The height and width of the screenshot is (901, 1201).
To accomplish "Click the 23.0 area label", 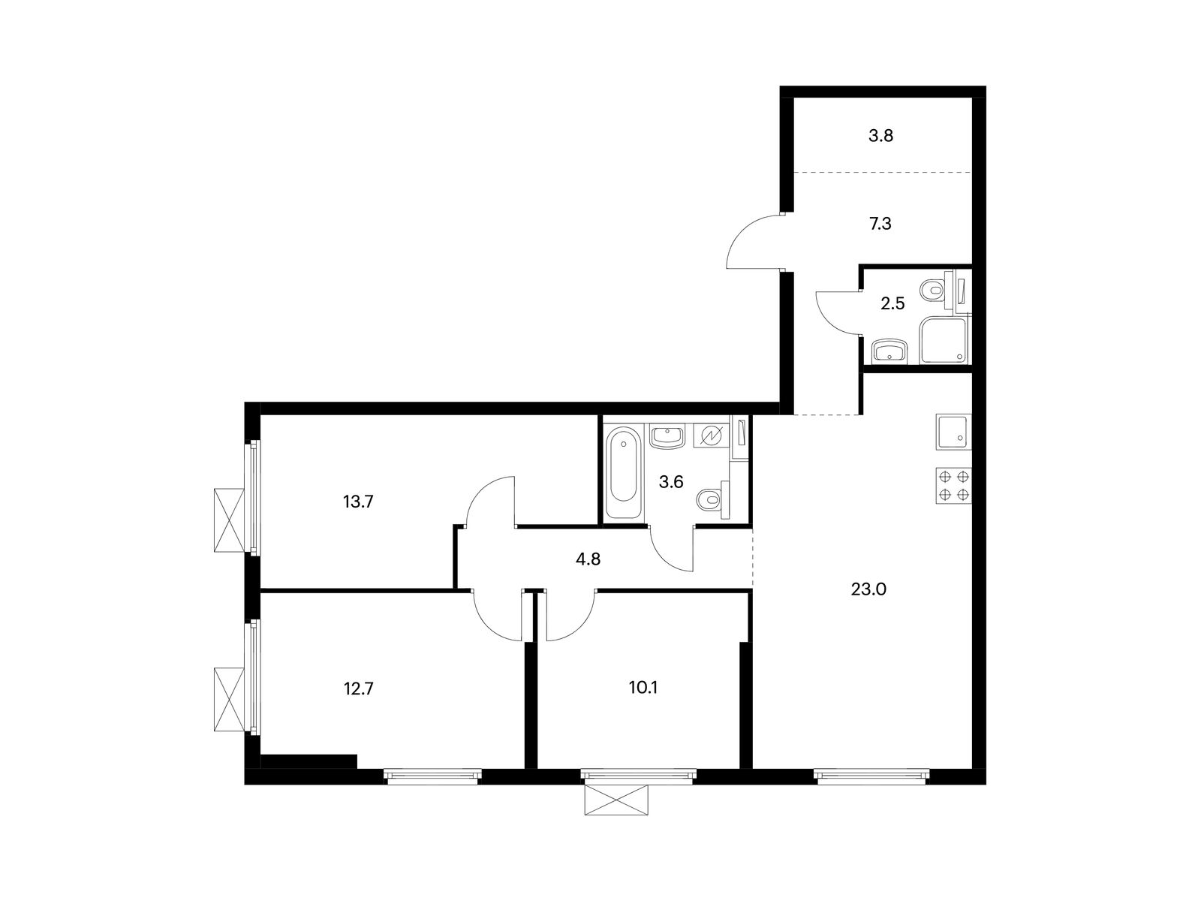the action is (868, 589).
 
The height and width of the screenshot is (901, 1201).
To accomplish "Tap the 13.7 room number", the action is (358, 502).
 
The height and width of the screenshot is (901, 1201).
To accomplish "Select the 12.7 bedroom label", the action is (358, 689).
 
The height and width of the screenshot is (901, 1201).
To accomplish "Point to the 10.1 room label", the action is (643, 688).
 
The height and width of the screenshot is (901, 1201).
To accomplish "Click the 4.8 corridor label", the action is (588, 559).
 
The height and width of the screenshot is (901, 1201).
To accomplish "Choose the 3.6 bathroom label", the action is (671, 482).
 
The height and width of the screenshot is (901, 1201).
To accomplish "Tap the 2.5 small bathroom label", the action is (892, 303).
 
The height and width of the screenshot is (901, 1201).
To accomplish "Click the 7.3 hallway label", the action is (880, 224).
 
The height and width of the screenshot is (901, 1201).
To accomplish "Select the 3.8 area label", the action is (881, 136).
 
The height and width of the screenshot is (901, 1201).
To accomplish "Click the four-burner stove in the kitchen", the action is (953, 486).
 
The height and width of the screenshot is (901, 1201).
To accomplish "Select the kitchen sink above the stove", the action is (953, 432).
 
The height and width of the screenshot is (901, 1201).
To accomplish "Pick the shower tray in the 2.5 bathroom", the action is (944, 340).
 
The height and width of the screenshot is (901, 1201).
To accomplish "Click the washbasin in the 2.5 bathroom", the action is (889, 351).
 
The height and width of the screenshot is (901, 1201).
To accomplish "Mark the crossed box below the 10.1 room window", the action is (616, 800).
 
